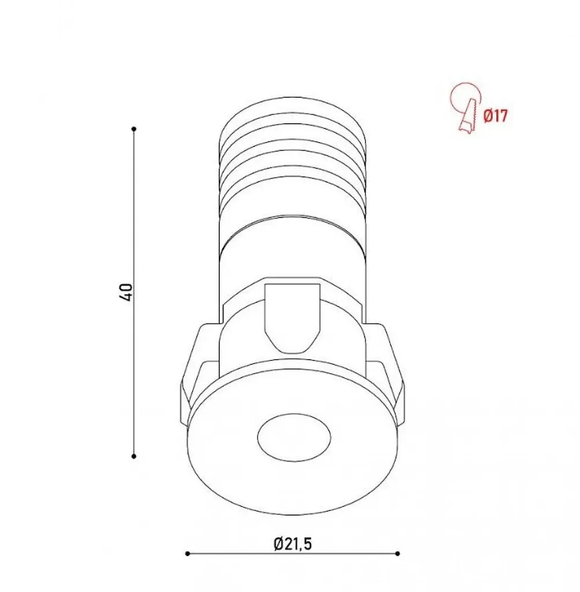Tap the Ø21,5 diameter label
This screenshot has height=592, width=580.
pos(293,544)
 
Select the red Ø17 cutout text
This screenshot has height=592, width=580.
pos(496,116)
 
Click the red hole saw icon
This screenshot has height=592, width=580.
pos(466,107)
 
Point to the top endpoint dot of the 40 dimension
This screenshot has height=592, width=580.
pos(134,129)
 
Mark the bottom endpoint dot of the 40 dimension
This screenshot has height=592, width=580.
pos(134,457)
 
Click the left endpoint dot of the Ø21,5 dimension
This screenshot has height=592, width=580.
pos(188,554)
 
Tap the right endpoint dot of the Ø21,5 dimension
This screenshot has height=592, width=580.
pos(398,554)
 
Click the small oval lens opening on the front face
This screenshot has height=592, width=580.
pos(294,437)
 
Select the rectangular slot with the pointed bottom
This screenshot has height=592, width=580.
pos(293,316)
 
